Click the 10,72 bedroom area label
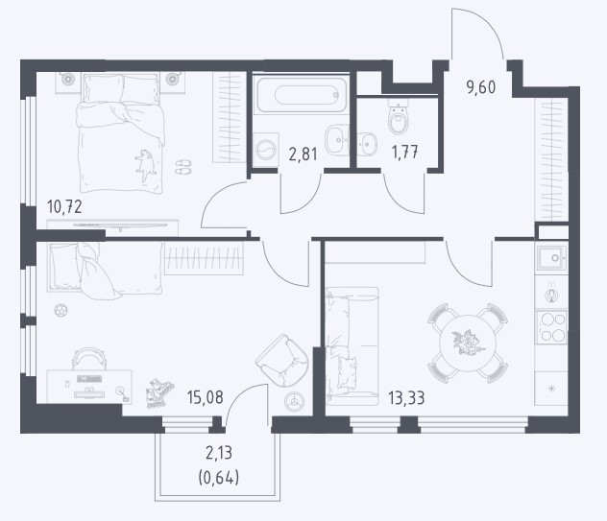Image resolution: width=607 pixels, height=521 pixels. (x=64, y=207)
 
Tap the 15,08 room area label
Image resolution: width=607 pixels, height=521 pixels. (x=205, y=397)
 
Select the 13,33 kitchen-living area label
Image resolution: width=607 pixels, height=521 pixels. (x=406, y=397)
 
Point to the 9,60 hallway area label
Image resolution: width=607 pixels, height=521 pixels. (x=481, y=87)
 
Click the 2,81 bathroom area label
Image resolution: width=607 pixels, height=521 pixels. (x=303, y=154)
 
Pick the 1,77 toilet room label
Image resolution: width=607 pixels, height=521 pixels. (x=405, y=152)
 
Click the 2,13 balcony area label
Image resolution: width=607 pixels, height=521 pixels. (x=219, y=453)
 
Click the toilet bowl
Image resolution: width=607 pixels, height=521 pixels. (x=399, y=116)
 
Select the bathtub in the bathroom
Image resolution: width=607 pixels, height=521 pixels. (x=302, y=95)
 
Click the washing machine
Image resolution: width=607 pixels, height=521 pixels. (x=267, y=150)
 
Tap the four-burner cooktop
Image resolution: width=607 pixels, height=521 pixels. (x=551, y=327)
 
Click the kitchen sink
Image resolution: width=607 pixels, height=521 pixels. (x=551, y=257)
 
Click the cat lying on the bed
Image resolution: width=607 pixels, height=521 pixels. (x=146, y=165)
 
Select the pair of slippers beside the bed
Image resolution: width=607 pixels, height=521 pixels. (x=183, y=166)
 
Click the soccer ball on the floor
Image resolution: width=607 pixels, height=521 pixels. (x=61, y=310)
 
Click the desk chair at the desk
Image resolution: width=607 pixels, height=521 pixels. (x=88, y=359)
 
